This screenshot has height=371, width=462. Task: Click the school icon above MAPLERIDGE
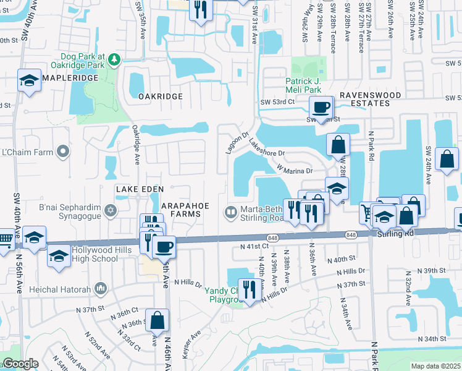click(x=29, y=80)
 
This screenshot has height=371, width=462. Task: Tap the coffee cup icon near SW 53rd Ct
click(x=321, y=107)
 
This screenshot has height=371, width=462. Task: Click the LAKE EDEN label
click(x=138, y=189)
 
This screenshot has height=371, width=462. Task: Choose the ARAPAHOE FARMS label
click(x=190, y=210)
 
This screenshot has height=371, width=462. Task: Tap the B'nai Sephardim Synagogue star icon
click(x=111, y=211)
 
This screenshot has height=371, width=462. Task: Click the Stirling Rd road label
click(x=392, y=234)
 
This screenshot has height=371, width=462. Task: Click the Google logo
click(x=20, y=364)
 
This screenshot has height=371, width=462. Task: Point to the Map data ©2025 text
click(x=435, y=366)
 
